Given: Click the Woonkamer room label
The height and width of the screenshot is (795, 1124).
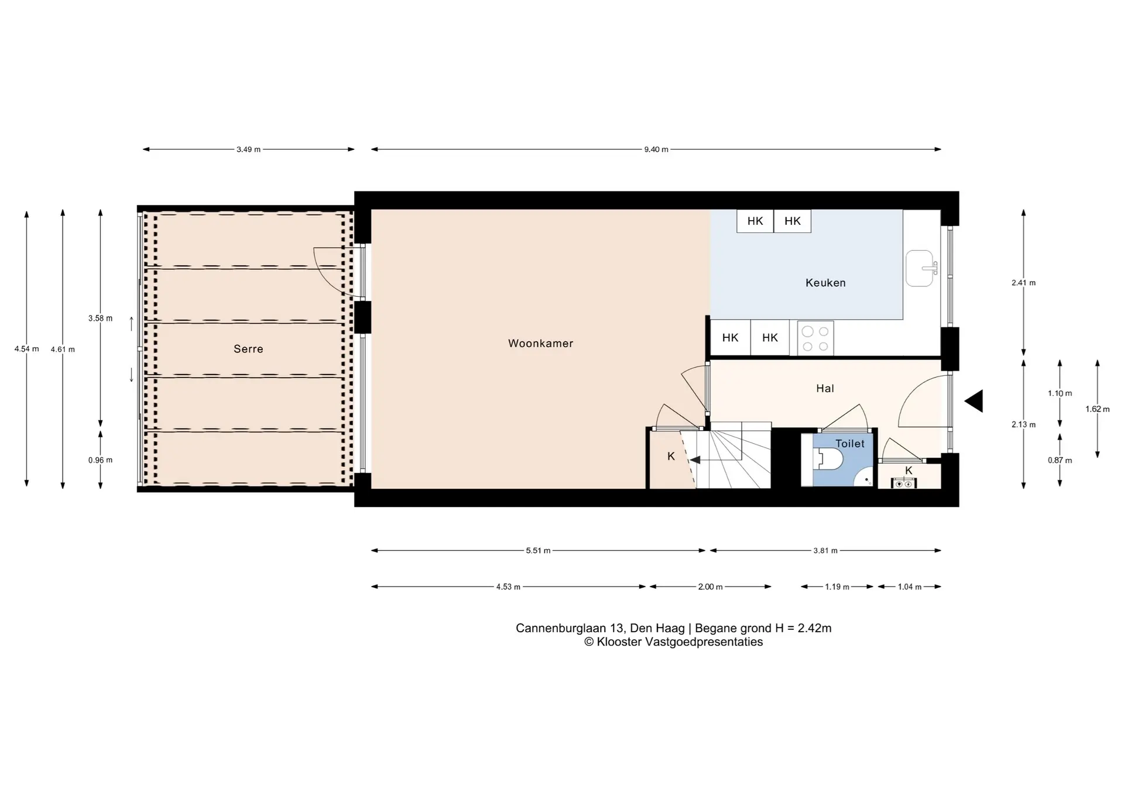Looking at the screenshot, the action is [540, 344].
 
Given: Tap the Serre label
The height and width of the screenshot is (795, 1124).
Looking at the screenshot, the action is [248, 349].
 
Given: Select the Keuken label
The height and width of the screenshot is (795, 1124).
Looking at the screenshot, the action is [825, 283].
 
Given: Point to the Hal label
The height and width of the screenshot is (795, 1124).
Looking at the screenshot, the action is [825, 388].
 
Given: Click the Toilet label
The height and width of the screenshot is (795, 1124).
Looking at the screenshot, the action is [850, 444].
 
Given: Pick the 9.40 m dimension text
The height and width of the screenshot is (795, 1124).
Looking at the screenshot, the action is [656, 149].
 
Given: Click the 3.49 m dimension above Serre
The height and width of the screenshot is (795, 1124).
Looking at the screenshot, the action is [248, 149].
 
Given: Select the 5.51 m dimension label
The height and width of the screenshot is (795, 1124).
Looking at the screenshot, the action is [538, 550].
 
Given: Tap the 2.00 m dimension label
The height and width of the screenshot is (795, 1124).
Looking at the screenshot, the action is [710, 587].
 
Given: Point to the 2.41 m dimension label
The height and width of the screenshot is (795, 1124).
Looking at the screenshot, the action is [1023, 283].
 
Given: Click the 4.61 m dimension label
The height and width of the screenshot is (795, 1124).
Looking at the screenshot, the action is [63, 349].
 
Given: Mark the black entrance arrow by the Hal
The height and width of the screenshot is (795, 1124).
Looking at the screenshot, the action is [974, 401].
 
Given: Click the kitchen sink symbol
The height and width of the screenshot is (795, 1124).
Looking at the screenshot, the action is [920, 268].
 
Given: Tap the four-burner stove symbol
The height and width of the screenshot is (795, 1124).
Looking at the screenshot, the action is [815, 338].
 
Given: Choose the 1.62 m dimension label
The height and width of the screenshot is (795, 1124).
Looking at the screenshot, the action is [1098, 409].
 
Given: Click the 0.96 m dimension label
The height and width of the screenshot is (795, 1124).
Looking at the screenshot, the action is [101, 460].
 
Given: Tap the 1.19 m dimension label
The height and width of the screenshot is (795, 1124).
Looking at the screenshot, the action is [837, 587].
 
